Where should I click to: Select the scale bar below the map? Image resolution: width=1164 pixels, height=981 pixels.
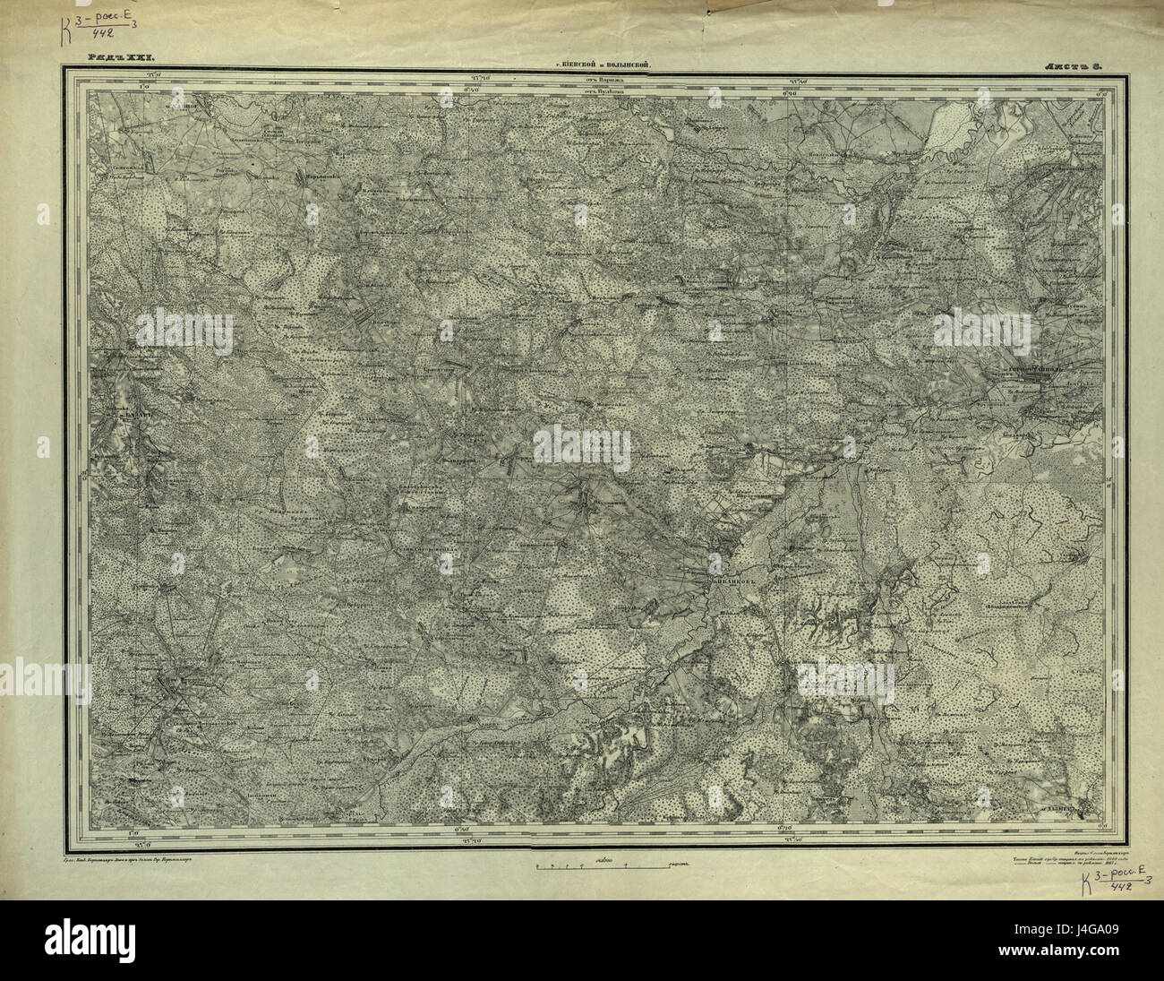click(x=604, y=865)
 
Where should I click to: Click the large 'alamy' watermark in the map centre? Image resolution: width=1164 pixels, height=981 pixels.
click(x=582, y=443)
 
